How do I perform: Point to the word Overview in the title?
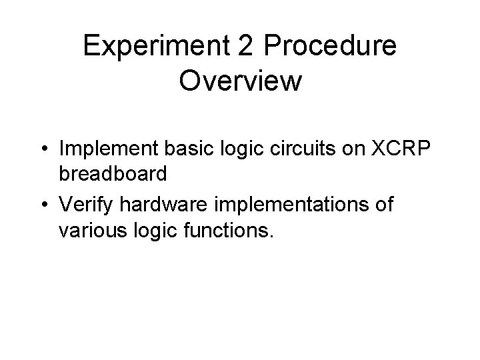point(240,81)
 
